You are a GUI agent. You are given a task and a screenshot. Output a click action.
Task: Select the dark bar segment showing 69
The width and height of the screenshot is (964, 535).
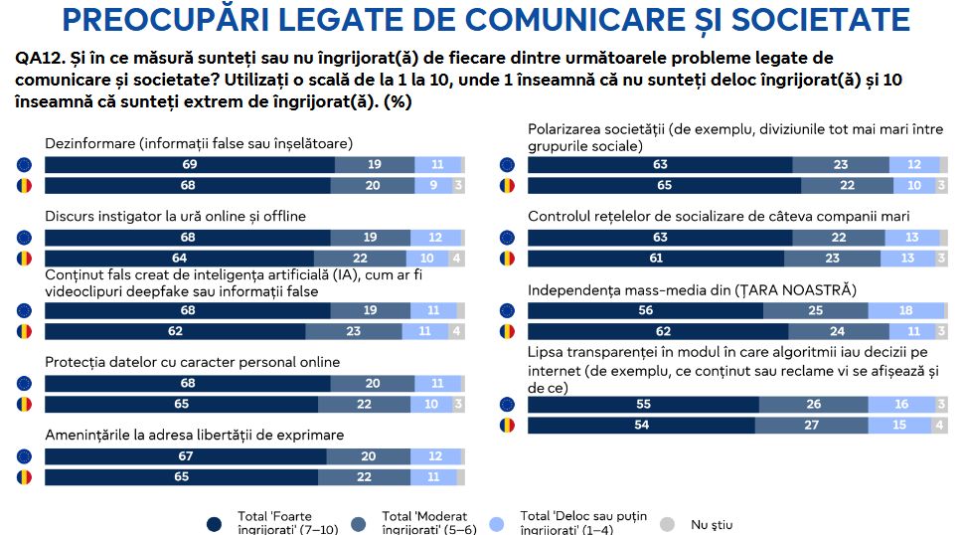click(189, 165)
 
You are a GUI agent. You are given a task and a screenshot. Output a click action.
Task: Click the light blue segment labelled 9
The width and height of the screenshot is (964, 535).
click(432, 185)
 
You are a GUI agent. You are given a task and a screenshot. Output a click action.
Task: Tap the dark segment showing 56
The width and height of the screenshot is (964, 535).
click(645, 311)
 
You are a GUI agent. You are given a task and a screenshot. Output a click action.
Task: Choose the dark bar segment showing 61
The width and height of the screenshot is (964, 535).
click(655, 259)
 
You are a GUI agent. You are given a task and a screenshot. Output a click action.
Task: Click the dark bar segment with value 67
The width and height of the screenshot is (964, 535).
click(186, 456)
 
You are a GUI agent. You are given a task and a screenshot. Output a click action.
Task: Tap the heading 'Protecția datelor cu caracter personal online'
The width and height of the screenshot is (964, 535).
click(193, 362)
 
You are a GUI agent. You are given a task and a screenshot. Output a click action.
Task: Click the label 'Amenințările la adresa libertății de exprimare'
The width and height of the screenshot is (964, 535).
click(195, 435)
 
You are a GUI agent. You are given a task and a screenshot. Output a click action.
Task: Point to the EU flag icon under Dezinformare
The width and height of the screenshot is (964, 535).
click(25, 165)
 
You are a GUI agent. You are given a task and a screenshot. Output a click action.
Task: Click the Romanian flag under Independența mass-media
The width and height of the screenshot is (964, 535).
click(508, 331)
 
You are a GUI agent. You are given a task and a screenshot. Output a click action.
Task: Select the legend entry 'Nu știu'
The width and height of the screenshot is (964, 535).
click(712, 523)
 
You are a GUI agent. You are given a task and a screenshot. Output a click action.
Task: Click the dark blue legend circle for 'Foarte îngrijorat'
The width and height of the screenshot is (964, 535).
click(213, 523)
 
